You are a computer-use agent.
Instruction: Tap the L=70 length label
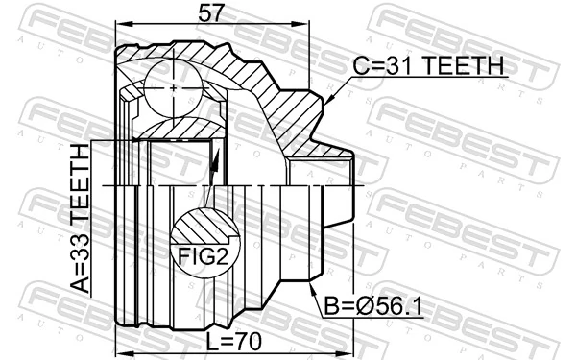(x=233, y=342)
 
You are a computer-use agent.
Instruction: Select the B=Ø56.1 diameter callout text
(x=372, y=306)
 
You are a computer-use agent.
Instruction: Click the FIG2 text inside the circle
(x=203, y=256)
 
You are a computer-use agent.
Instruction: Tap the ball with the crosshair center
(x=173, y=87)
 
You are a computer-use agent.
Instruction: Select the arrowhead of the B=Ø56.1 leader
(x=312, y=288)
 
